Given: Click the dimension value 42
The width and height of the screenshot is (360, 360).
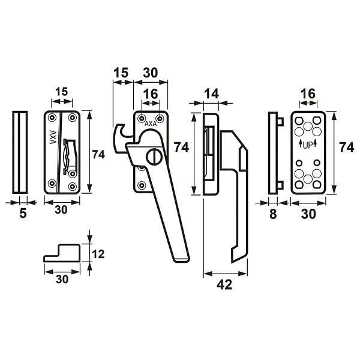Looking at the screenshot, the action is click(x=224, y=284).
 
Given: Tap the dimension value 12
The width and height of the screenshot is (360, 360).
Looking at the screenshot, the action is click(x=98, y=254).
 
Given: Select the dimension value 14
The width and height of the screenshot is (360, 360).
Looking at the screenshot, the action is click(x=211, y=94).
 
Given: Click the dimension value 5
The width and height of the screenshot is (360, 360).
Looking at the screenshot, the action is click(x=23, y=214).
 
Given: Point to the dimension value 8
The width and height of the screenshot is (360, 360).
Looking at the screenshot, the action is click(x=273, y=214).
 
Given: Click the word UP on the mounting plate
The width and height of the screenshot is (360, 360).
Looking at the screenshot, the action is click(x=308, y=145).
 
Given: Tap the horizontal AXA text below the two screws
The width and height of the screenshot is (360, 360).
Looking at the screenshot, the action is click(x=151, y=124).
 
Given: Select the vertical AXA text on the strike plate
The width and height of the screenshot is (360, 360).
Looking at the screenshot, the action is click(x=53, y=137).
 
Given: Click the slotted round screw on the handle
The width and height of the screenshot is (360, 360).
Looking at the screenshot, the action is click(x=154, y=157).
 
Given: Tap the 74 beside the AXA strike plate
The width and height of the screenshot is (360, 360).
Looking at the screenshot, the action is click(x=98, y=155).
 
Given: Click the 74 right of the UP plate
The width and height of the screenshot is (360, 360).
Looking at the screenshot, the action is click(x=347, y=147).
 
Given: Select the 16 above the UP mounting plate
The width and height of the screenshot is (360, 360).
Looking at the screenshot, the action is click(x=308, y=94).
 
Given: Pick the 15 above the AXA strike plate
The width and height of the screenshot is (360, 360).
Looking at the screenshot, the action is click(x=62, y=92).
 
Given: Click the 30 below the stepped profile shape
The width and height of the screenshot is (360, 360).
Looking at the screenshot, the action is click(x=62, y=279).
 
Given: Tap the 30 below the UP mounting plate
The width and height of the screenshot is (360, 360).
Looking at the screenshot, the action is click(x=308, y=214).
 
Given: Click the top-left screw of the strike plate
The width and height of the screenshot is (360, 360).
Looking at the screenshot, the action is click(x=52, y=118).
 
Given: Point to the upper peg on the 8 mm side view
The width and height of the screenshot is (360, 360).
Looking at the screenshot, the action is click(x=280, y=122).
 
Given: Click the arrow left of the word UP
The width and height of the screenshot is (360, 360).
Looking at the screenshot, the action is click(x=301, y=143).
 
